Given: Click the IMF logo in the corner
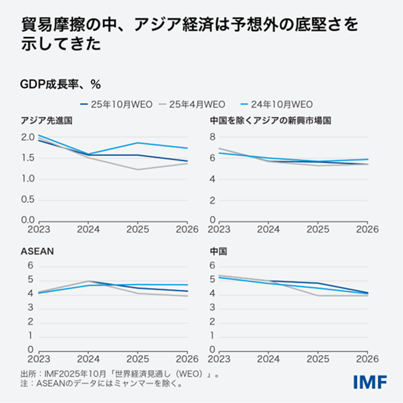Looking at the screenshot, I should [x=370, y=382].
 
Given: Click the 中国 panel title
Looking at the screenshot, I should [x=219, y=250].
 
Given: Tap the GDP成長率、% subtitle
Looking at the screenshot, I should [x=61, y=84].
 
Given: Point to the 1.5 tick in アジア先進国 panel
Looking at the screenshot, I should [x=27, y=158].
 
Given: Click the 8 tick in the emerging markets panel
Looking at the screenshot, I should [x=213, y=137].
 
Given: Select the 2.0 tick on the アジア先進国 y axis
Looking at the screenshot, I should [x=27, y=137].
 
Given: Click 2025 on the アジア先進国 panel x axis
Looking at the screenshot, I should [x=138, y=229].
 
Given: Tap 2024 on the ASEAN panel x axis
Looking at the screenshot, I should [x=88, y=359].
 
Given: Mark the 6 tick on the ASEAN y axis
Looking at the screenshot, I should [x=30, y=265].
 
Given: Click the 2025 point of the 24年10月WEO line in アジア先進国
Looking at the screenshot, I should [x=138, y=143].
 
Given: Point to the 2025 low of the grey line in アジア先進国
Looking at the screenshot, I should [x=138, y=170].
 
